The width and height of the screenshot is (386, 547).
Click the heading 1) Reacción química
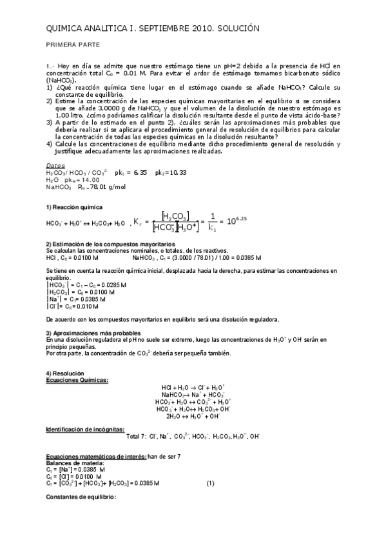74,206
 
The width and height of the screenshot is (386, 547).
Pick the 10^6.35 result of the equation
236,221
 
